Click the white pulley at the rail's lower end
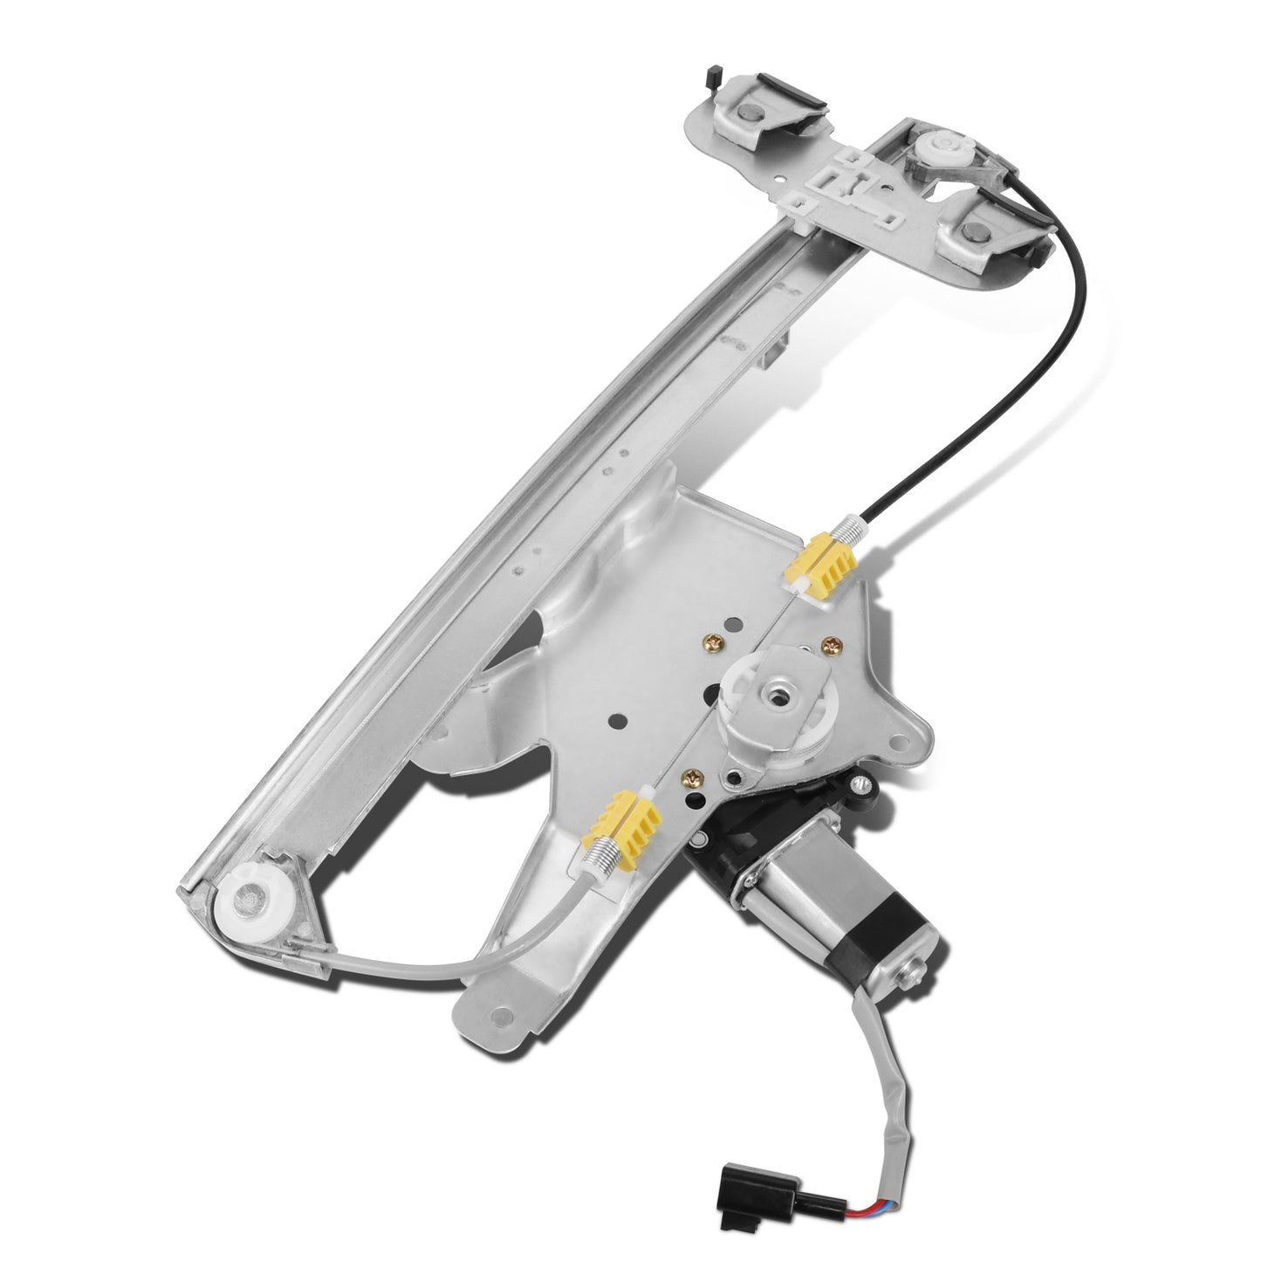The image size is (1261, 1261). (251, 898)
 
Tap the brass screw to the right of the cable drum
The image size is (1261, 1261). (829, 644)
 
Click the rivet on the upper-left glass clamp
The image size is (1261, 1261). (748, 112)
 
